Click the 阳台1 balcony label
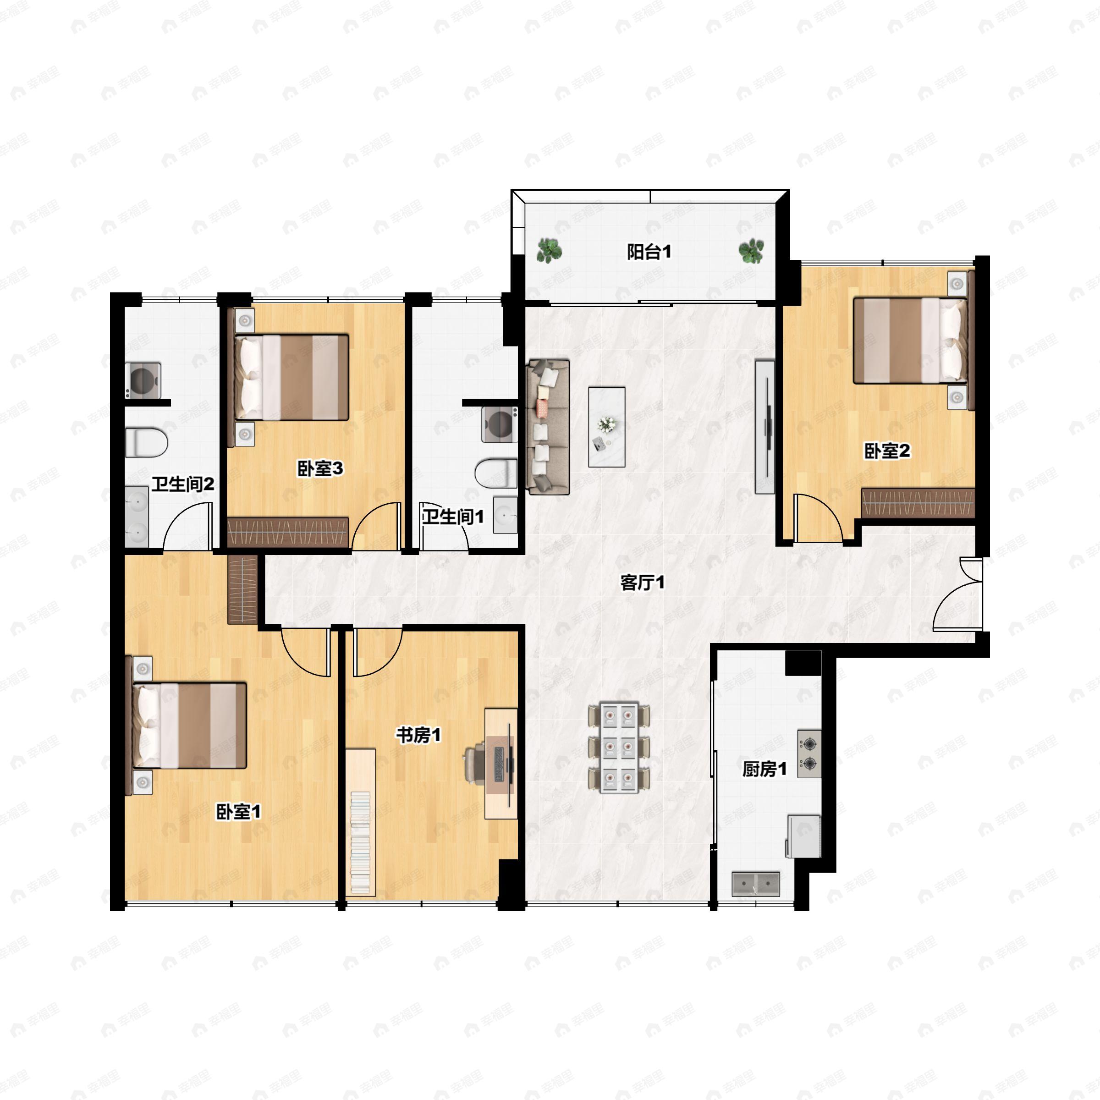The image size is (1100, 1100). tap(649, 252)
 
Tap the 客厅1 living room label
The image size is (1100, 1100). tap(642, 583)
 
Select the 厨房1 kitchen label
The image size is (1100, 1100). tap(764, 770)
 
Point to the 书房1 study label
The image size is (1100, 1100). tap(418, 735)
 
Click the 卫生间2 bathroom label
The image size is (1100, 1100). tap(183, 484)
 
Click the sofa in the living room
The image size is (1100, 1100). tap(548, 426)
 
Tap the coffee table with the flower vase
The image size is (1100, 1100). tap(607, 427)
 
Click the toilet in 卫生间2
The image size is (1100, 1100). tap(146, 443)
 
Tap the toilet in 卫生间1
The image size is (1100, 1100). tap(496, 474)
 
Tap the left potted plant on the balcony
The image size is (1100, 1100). tap(550, 251)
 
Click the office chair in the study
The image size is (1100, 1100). tap(476, 764)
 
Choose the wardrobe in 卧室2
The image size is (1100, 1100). tap(918, 503)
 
